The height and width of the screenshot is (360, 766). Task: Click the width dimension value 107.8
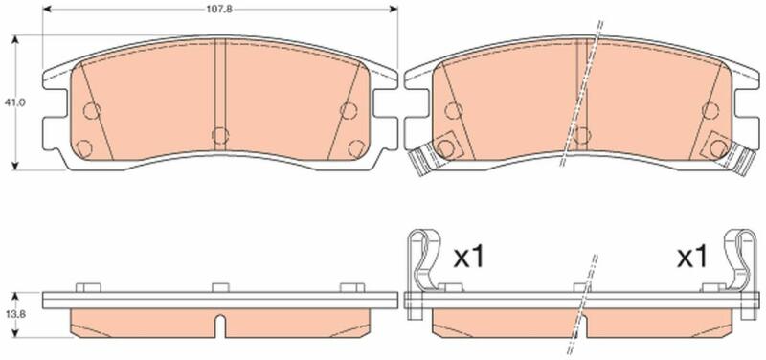coord(221,9)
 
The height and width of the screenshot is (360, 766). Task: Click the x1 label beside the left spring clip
coord(469,257)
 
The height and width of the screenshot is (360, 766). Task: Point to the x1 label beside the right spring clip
coord(691,257)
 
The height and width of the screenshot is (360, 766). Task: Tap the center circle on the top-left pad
coord(220,135)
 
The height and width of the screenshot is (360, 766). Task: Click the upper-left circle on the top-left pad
coord(91,111)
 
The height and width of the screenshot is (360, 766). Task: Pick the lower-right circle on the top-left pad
coord(356,148)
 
